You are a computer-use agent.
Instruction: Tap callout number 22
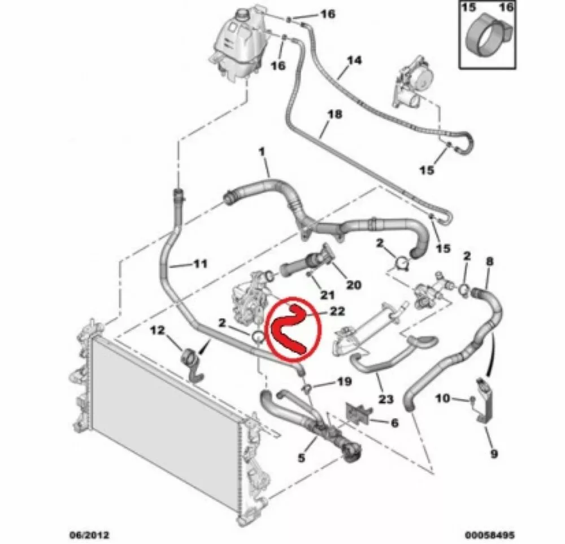coord(338,311)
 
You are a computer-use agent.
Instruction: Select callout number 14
coord(354,59)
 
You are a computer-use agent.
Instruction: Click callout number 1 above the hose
coord(262,152)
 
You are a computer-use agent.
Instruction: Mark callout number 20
coord(354,285)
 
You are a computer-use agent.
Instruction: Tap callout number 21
coord(328,294)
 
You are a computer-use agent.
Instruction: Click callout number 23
coord(386,400)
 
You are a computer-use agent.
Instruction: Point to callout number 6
coord(394,422)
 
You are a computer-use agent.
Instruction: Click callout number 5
coord(301,458)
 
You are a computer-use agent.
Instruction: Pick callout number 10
coord(442,400)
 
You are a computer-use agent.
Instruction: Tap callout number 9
coord(493,453)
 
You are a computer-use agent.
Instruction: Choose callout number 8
coord(490,261)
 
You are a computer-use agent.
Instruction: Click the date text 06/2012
coord(89,533)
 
